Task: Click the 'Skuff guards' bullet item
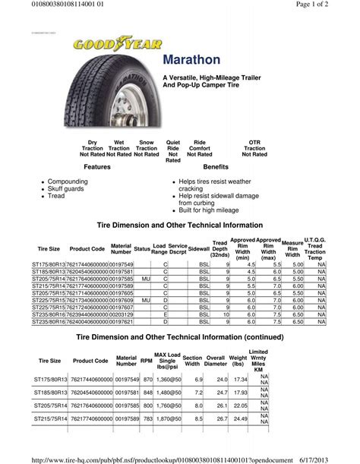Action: pyautogui.click(x=70, y=189)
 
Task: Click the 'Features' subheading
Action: pyautogui.click(x=97, y=166)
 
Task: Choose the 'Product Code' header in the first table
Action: pyautogui.click(x=87, y=248)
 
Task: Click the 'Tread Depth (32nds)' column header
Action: pyautogui.click(x=219, y=248)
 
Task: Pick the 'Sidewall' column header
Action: pyautogui.click(x=199, y=248)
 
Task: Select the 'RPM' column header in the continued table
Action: pyautogui.click(x=147, y=361)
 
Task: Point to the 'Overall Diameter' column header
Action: pyautogui.click(x=216, y=361)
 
